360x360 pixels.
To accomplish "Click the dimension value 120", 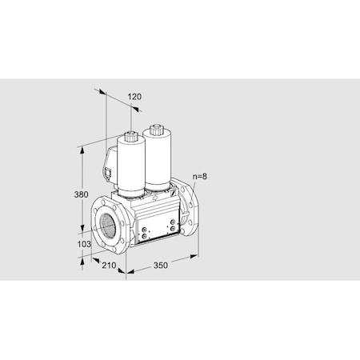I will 134,97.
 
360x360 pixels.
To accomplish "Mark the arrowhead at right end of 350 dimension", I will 196,257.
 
